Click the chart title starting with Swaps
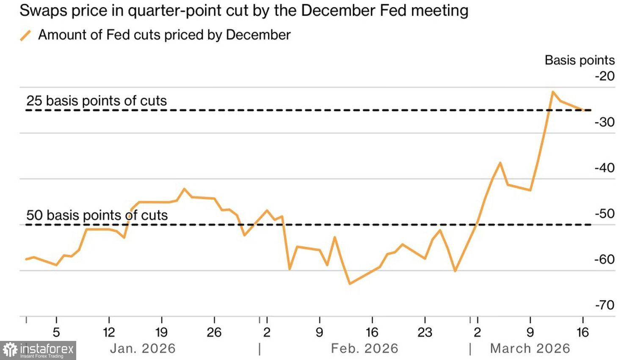[x=244, y=11]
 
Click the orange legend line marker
[x=25, y=36]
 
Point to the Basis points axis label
[x=579, y=60]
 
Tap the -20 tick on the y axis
[x=605, y=76]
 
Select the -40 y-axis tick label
[x=605, y=168]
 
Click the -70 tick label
[x=605, y=305]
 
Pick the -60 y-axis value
[x=605, y=259]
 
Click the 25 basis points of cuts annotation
[x=97, y=101]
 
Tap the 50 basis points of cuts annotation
[x=97, y=215]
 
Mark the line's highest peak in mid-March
[x=552, y=91]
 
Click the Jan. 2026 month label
[x=143, y=349]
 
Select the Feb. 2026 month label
[x=364, y=349]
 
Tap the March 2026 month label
[x=530, y=349]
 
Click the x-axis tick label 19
[x=161, y=332]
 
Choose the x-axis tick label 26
[x=214, y=332]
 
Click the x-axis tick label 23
[x=425, y=332]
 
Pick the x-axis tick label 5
[x=56, y=332]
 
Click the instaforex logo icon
[x=10, y=350]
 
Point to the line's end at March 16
[x=584, y=110]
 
